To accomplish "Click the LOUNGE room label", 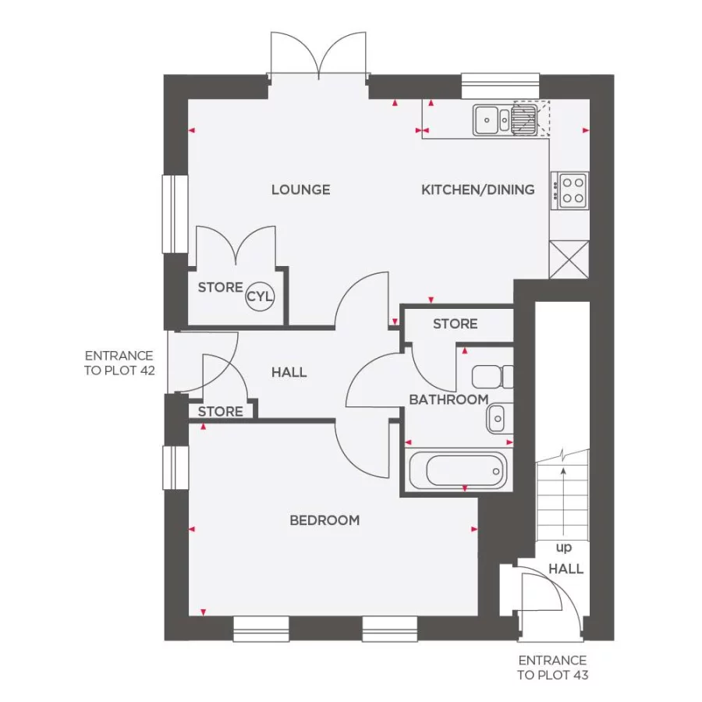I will click(x=300, y=190).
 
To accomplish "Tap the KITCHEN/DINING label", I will click(x=477, y=190).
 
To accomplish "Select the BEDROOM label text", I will click(x=324, y=520).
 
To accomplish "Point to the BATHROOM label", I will click(x=448, y=399).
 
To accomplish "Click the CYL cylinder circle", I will click(x=260, y=296).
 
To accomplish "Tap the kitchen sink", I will click(x=491, y=120).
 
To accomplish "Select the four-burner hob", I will click(x=571, y=190).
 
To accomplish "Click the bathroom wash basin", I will click(x=498, y=419).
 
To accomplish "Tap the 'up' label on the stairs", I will click(x=562, y=548).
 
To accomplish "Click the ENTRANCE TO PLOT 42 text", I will click(x=119, y=363).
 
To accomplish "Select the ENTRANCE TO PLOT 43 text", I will click(x=552, y=668).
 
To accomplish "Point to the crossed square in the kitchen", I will click(x=569, y=260).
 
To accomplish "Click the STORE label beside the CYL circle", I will click(x=220, y=288).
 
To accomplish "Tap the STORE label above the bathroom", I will click(x=455, y=324).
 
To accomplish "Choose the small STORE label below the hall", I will click(x=221, y=411).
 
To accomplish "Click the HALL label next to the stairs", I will click(x=565, y=569).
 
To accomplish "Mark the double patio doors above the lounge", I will click(x=317, y=56).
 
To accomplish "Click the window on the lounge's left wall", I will click(x=175, y=214).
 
